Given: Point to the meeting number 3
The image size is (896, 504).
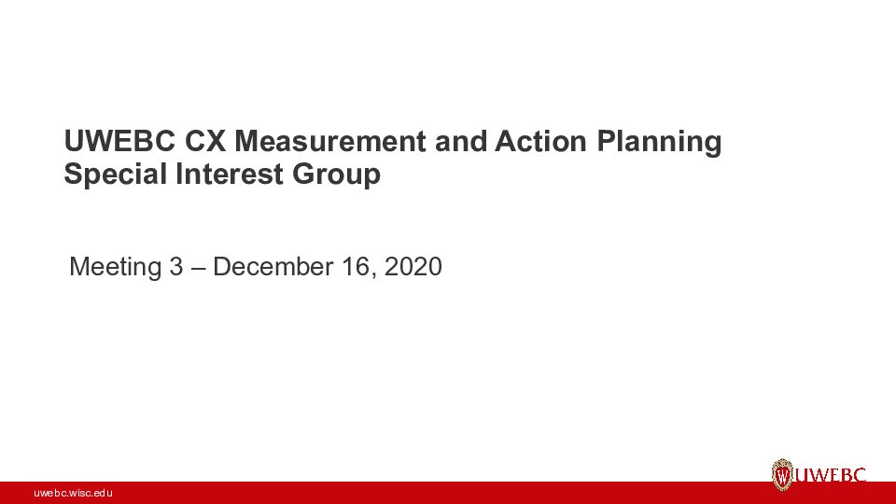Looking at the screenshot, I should coord(176,267).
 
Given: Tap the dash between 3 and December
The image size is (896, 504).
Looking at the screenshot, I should coord(198,267).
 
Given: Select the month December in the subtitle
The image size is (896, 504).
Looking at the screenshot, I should coord(273,267).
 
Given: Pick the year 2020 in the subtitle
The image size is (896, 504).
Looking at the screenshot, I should coord(413,267).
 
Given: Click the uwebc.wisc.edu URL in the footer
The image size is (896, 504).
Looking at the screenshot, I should coord(73,492).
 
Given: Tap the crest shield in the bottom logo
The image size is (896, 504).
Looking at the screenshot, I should coord(782,475).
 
